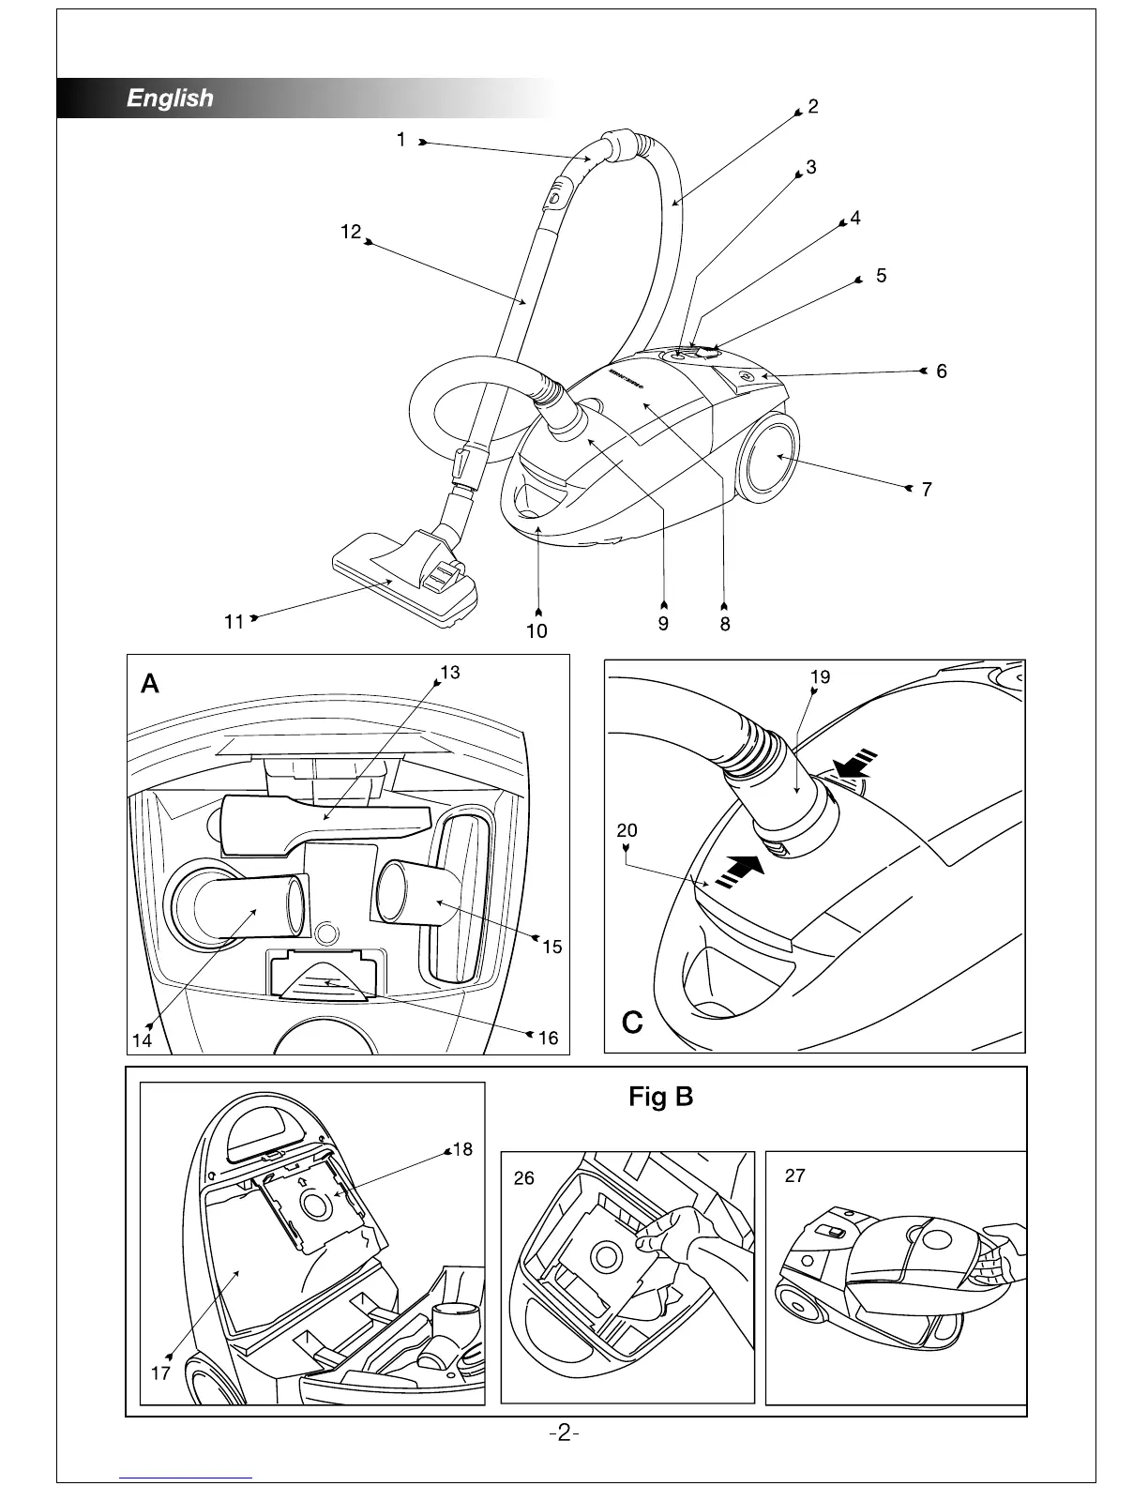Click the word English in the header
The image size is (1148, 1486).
(170, 99)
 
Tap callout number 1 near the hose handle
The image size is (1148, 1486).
(400, 140)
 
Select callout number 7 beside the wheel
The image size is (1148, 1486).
(927, 490)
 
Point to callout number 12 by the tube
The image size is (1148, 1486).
(351, 232)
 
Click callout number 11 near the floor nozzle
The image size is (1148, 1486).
(234, 621)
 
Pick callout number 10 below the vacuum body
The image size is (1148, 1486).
(536, 630)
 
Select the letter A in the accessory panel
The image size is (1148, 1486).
(150, 685)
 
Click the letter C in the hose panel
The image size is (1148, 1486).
(632, 1023)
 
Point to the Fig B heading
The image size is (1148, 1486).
(661, 1096)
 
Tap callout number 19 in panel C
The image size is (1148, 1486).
(820, 677)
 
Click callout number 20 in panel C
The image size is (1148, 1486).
(627, 830)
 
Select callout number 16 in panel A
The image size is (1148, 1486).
(548, 1038)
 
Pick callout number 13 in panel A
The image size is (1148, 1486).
(450, 673)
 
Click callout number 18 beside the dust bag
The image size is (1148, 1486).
(462, 1149)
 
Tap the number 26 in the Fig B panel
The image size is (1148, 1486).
(524, 1177)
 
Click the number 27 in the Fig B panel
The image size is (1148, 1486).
(794, 1175)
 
